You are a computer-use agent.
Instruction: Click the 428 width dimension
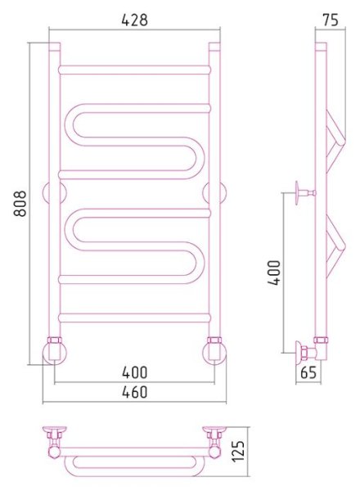click(134, 20)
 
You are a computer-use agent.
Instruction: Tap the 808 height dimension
click(21, 204)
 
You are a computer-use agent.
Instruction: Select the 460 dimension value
click(135, 392)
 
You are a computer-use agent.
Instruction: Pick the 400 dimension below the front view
click(135, 372)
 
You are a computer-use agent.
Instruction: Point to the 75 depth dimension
click(331, 20)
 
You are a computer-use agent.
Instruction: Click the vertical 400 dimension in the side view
click(274, 273)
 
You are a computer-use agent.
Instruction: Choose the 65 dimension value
click(308, 372)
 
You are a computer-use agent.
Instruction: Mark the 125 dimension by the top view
click(239, 451)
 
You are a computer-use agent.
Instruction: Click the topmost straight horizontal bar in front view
click(135, 70)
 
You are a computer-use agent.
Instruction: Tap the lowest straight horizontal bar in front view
click(135, 318)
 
